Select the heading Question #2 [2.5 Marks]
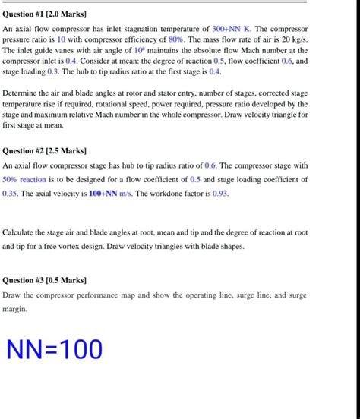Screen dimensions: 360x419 46,150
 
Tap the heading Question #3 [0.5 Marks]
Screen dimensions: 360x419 46,279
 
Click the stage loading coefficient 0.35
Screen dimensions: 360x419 11,194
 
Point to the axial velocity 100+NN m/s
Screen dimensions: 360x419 110,194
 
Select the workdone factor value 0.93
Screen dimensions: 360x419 217,194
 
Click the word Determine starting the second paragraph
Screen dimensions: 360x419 22,93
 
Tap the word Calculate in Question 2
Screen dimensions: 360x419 22,233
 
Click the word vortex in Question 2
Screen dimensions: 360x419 116,247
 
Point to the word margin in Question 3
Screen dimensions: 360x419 17,309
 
